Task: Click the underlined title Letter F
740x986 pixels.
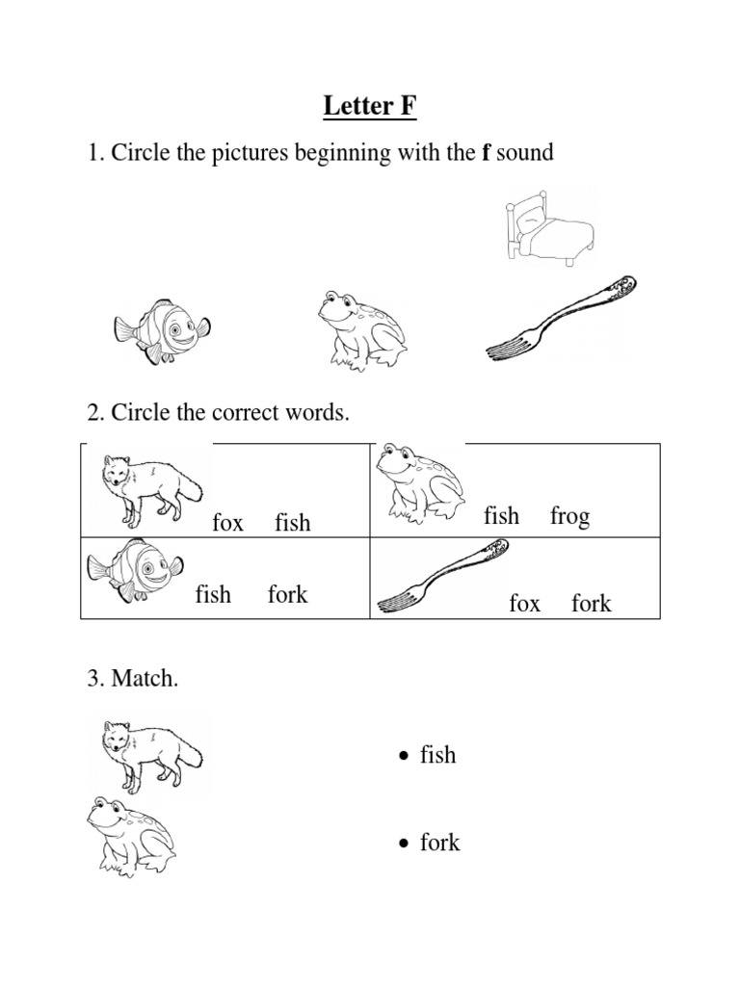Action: coord(370,107)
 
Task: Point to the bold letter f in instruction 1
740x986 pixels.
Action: coord(486,154)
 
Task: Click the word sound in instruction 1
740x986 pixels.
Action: coord(524,154)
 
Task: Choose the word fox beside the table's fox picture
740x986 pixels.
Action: coord(227,523)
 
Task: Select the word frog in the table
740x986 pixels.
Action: coord(569,516)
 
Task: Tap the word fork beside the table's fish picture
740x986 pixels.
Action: coord(287,594)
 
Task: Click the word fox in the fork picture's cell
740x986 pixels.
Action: coord(525,604)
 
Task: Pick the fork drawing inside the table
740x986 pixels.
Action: coord(443,576)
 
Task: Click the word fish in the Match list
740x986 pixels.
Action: coord(437,755)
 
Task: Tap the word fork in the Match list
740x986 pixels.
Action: coord(439,843)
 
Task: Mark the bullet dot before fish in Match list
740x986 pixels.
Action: coord(405,757)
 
